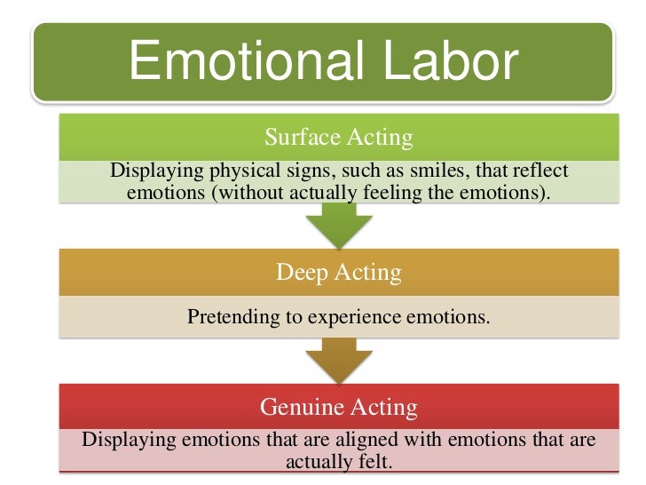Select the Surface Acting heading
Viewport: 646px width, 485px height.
[x=338, y=137]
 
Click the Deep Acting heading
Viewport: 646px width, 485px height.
[x=338, y=272]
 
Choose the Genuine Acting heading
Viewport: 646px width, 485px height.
[x=338, y=407]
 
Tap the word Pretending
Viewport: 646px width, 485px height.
[x=229, y=316]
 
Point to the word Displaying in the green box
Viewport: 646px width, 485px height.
[x=150, y=171]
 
